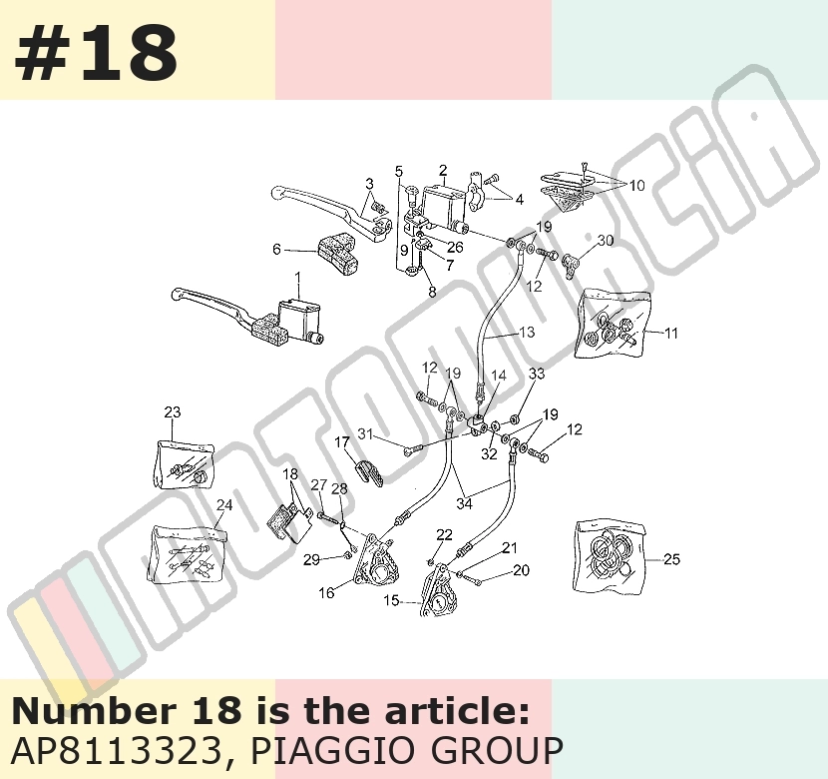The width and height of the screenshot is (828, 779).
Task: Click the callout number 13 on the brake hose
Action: pos(527,332)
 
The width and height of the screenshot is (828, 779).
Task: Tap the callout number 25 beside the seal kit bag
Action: pos(671,558)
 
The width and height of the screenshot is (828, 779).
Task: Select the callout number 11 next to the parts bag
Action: pos(670,333)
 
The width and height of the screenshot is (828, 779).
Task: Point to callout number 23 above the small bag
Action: pos(173,411)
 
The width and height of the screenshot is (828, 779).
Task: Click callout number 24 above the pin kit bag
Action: pos(224,504)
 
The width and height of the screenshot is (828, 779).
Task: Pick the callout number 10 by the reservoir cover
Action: pos(637,185)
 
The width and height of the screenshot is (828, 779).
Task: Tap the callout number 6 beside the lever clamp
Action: pos(276,249)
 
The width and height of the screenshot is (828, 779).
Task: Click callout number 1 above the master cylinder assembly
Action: pos(298,277)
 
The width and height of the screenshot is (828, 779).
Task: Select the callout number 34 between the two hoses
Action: pos(464,503)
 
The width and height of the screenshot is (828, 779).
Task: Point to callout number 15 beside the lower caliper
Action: pos(391,600)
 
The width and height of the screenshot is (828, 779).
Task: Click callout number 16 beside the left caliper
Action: pos(326,592)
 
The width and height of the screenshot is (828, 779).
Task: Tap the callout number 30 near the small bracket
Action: pos(606,241)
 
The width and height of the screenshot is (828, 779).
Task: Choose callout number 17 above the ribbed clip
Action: pos(342,441)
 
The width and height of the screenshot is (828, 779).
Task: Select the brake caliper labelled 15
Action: pos(436,591)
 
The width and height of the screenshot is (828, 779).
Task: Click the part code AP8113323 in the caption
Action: pos(116,750)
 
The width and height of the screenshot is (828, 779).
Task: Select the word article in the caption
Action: pos(456,711)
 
